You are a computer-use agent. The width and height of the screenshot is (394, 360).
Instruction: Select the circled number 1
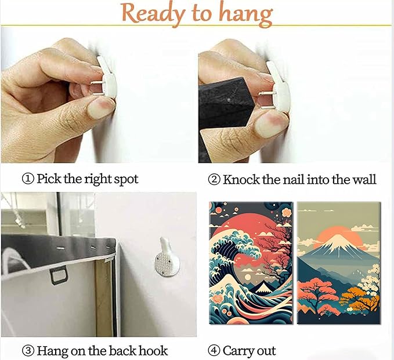pyautogui.click(x=28, y=179)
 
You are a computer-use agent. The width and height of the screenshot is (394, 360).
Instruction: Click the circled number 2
pyautogui.click(x=214, y=180)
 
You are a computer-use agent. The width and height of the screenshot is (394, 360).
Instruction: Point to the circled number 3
pyautogui.click(x=28, y=351)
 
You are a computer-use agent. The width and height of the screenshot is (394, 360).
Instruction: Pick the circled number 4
pyautogui.click(x=214, y=351)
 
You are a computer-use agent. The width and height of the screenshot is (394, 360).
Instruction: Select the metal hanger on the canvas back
pyautogui.click(x=59, y=275)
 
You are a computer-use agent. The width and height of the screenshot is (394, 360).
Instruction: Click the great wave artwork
pyautogui.click(x=251, y=263)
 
